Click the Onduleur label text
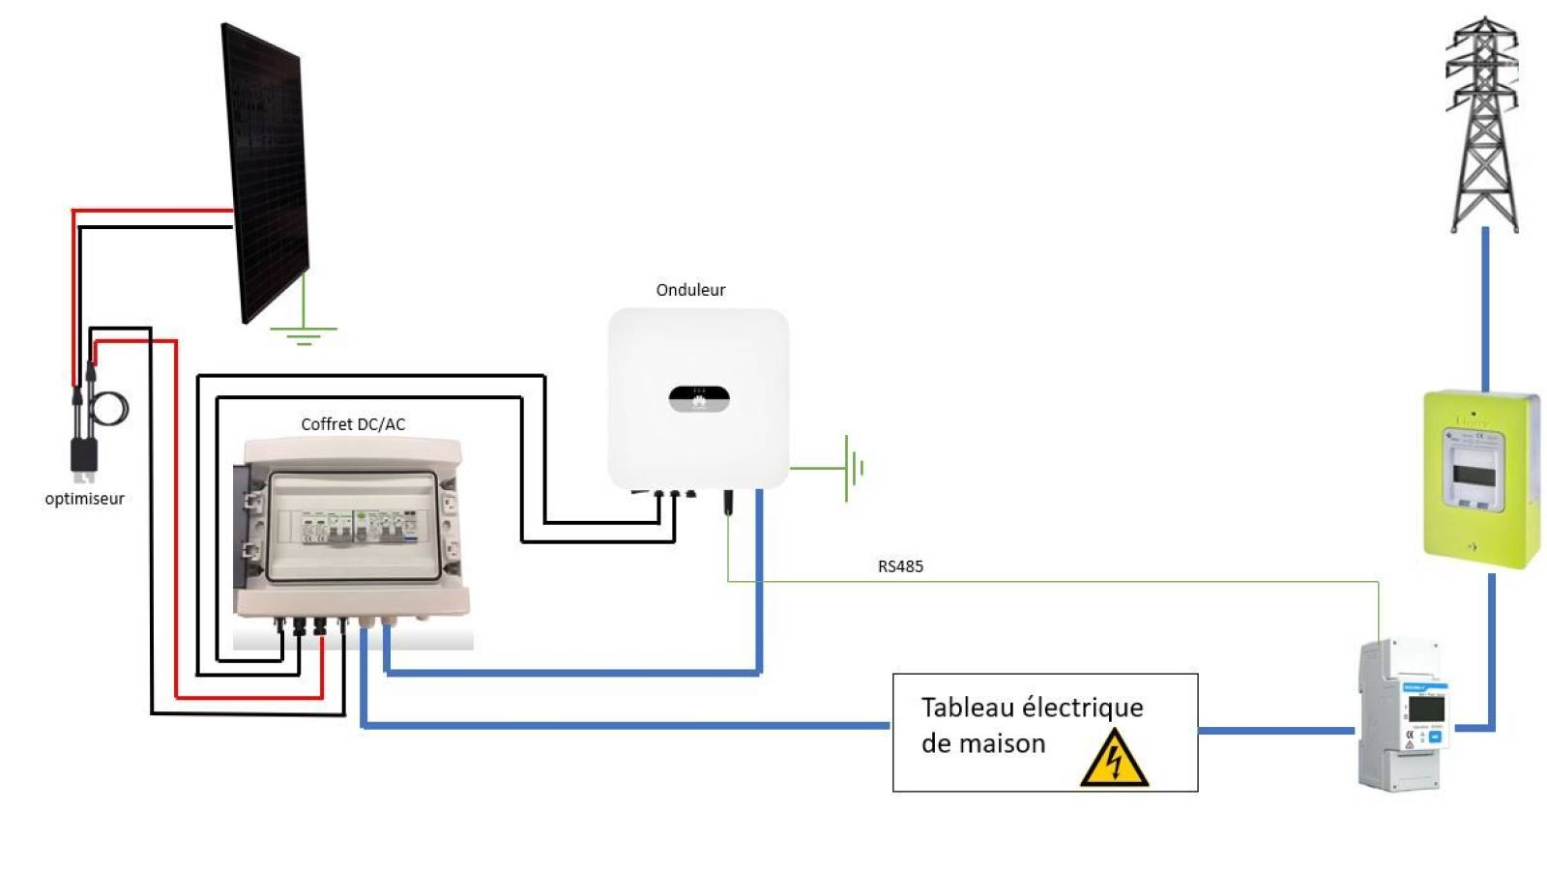[x=690, y=290]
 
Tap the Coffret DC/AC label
[x=353, y=424]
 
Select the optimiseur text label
[x=85, y=499]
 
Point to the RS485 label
[x=900, y=566]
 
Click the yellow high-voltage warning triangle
[x=1114, y=759]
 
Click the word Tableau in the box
[x=968, y=708]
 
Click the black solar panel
[x=266, y=174]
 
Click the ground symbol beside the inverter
[x=852, y=468]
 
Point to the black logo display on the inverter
[x=699, y=398]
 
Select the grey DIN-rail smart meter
[x=1402, y=715]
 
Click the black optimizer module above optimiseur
[x=84, y=454]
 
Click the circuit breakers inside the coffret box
[x=358, y=528]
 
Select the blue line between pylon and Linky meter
[x=1485, y=309]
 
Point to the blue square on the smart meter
[x=1435, y=737]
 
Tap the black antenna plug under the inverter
[x=728, y=502]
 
